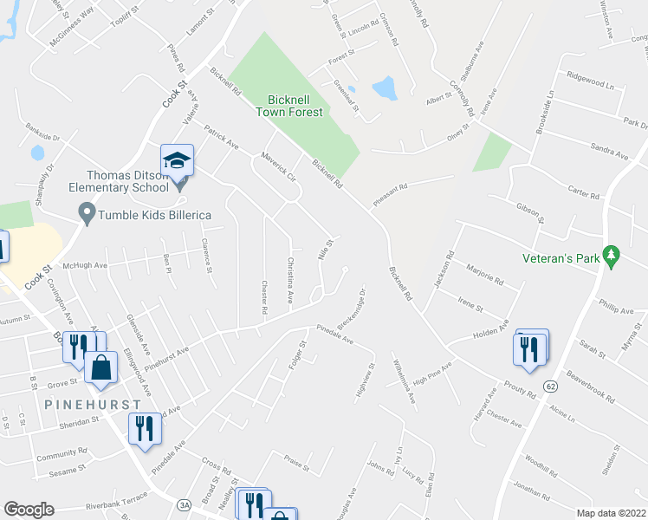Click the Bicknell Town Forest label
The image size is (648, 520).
pyautogui.click(x=289, y=106)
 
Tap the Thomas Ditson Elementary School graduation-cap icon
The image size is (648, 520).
pyautogui.click(x=177, y=160)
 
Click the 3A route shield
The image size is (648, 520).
pyautogui.click(x=184, y=504)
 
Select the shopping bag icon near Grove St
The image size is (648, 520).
pyautogui.click(x=102, y=367)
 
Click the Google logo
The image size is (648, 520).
pyautogui.click(x=29, y=510)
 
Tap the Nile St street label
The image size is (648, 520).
pyautogui.click(x=326, y=250)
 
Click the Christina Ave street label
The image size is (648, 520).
pyautogui.click(x=290, y=282)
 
